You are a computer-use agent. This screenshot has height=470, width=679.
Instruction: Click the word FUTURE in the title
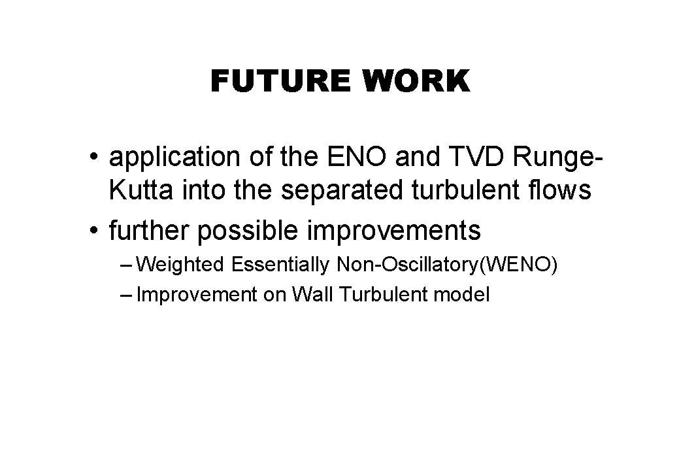click(x=280, y=81)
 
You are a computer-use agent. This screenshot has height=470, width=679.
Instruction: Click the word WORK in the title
click(x=417, y=81)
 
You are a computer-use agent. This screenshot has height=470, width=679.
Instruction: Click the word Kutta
click(x=141, y=190)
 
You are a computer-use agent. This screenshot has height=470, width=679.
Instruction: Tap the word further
click(x=149, y=230)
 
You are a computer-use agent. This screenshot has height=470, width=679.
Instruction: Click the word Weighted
click(x=180, y=264)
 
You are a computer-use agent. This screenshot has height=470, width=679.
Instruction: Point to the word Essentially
click(x=280, y=264)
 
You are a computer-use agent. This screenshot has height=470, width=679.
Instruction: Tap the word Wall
click(x=312, y=295)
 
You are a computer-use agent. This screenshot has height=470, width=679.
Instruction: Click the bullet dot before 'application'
click(x=94, y=156)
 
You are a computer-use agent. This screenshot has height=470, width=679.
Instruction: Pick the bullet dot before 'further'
click(x=94, y=230)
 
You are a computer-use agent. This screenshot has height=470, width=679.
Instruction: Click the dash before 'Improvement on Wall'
click(x=125, y=295)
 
